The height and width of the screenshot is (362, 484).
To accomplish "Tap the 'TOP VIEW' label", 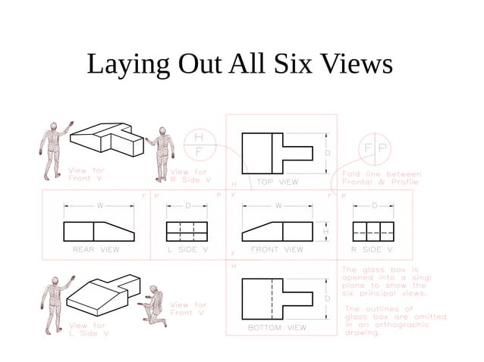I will (x=277, y=182).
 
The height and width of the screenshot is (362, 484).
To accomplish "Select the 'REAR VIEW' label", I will (x=96, y=249).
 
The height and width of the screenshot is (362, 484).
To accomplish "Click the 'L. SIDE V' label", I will (x=188, y=249).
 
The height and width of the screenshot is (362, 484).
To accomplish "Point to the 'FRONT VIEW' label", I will (x=277, y=249).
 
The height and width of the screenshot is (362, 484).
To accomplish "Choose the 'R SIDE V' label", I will (x=372, y=249).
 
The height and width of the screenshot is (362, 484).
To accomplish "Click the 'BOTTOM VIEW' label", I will (x=277, y=328).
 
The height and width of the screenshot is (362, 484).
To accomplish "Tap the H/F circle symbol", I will (x=199, y=144).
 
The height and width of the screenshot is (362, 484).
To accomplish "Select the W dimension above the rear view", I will (x=99, y=206).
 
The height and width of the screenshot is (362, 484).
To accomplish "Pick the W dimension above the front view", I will (x=278, y=206).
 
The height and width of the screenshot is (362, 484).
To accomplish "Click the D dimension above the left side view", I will (x=188, y=206).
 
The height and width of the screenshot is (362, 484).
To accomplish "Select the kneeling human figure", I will (x=156, y=306).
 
